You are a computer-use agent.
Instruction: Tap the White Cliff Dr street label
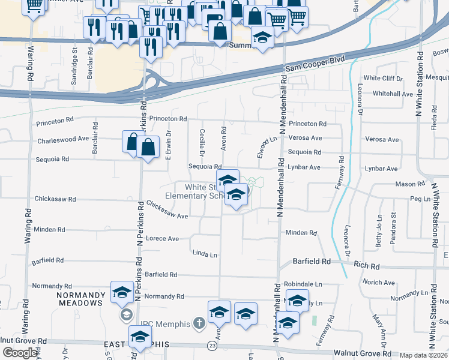click(383, 78)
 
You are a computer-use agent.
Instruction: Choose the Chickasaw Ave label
click(167, 209)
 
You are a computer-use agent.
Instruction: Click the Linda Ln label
click(204, 254)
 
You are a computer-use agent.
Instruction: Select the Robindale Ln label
click(303, 284)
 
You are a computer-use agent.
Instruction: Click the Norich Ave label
click(378, 282)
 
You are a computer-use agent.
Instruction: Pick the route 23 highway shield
click(211, 346)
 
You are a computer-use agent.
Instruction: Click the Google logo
click(20, 353)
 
